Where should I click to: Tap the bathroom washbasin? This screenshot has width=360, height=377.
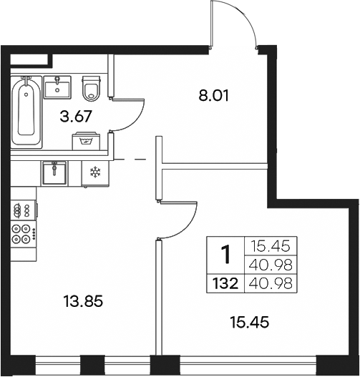tap(57, 87)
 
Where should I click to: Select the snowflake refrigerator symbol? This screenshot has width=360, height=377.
tap(93, 172)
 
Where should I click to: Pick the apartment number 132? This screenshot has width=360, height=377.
tap(225, 285)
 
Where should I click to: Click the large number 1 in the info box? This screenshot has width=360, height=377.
tap(225, 254)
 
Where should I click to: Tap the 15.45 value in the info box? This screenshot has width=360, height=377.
tap(265, 247)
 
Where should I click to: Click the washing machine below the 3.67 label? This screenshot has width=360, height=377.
tap(87, 140)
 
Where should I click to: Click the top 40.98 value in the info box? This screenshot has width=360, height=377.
tap(265, 265)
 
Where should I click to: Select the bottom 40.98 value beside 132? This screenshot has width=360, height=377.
tap(265, 285)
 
